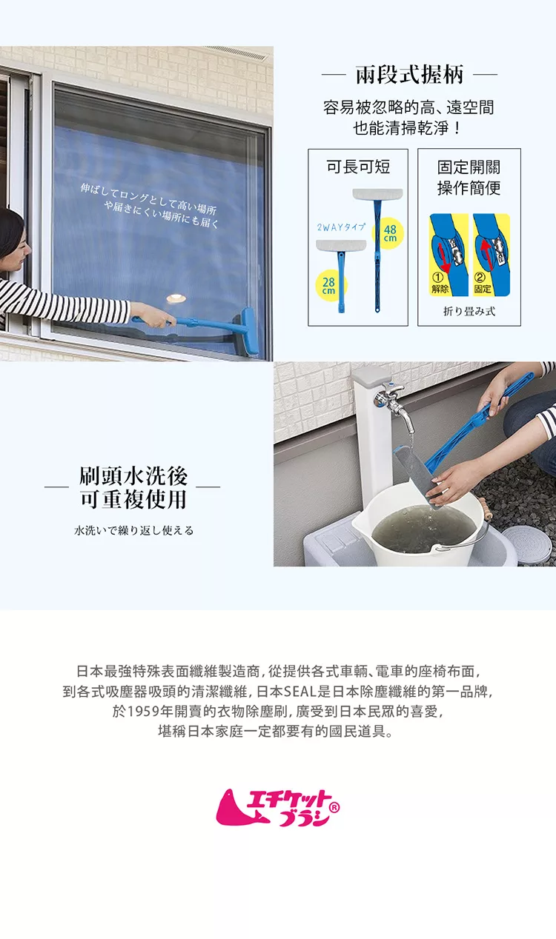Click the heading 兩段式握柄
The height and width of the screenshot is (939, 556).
point(409,75)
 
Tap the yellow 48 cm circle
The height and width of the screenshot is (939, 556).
point(388,233)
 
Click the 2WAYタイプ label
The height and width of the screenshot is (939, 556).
point(341,227)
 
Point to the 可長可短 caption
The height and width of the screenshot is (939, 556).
point(358,167)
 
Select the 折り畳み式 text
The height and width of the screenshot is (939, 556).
point(469,311)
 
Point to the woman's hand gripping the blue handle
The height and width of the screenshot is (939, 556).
point(152,315)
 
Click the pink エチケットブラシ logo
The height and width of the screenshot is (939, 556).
point(278,808)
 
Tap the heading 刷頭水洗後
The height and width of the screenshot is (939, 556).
point(133,476)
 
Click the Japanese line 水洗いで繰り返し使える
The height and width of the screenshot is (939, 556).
point(134,531)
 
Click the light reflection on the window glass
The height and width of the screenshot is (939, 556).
point(176,298)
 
